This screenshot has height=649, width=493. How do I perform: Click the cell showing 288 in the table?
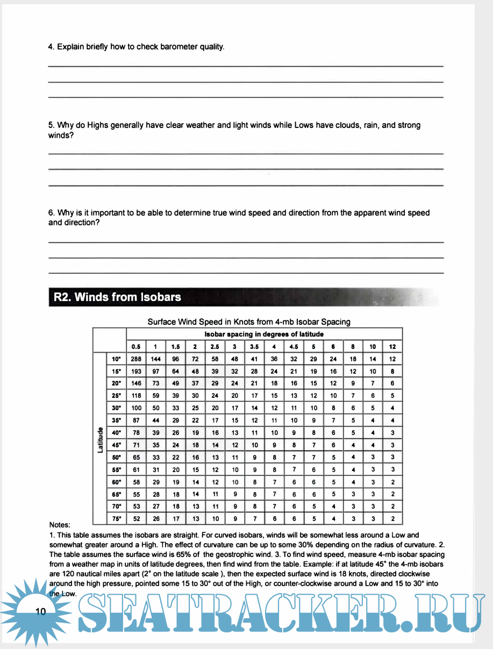tap(135, 359)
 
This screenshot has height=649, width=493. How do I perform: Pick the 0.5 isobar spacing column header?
tap(135, 346)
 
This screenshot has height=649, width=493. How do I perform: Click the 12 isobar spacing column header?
tap(392, 346)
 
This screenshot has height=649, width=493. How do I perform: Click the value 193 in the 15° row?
tap(135, 372)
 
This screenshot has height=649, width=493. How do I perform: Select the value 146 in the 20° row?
tap(135, 383)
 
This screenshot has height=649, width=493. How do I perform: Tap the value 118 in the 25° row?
tap(135, 396)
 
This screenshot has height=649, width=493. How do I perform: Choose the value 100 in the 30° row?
tap(135, 408)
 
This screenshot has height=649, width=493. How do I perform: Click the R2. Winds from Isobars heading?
tap(118, 297)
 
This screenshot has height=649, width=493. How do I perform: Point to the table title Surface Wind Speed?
tap(249, 322)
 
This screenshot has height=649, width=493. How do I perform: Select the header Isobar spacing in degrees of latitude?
tap(264, 334)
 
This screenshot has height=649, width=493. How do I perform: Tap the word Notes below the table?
tap(60, 525)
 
